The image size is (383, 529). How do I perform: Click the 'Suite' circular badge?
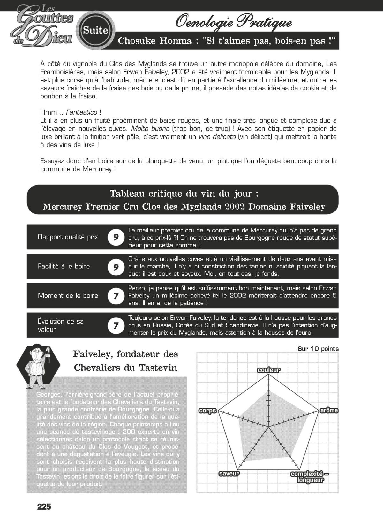pos(95,30)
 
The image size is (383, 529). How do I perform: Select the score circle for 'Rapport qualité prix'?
pos(116,237)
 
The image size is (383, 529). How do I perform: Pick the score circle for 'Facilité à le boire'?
pos(116,267)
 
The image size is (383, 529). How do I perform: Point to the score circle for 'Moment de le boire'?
pos(116,296)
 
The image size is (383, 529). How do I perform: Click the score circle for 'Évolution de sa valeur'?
pos(116,325)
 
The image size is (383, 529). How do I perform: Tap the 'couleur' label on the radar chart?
pos(269,370)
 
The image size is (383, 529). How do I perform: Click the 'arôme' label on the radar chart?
pos(329,410)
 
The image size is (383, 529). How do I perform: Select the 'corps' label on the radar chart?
pos(207,411)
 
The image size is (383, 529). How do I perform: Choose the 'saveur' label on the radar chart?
pos(229,474)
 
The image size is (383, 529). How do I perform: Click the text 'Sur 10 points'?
pos(318,349)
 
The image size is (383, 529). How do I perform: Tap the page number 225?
pos(44,507)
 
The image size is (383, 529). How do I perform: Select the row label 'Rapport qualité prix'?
pos(68,237)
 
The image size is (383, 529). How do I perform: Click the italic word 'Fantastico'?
pos(81,112)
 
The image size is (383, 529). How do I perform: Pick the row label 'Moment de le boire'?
pos(68,296)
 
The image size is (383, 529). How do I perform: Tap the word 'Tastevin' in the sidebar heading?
pos(158,368)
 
